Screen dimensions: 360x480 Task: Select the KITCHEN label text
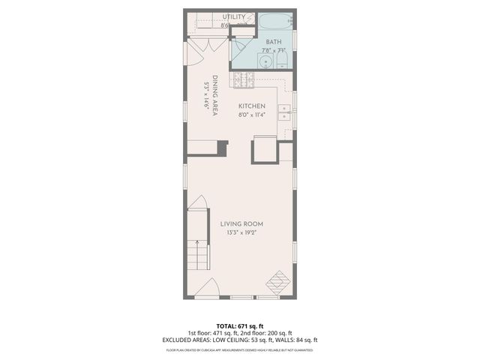pyautogui.click(x=252, y=106)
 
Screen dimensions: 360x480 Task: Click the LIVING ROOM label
pyautogui.click(x=240, y=223)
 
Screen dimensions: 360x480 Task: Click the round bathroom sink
pyautogui.click(x=265, y=60)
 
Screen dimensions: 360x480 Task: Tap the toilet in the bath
pyautogui.click(x=283, y=60)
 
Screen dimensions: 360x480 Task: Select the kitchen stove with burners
pyautogui.click(x=242, y=77)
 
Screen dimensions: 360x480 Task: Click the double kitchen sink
pyautogui.click(x=285, y=112)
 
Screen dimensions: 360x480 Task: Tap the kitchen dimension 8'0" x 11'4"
pyautogui.click(x=252, y=115)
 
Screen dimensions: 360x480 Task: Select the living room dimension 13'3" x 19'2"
pyautogui.click(x=240, y=233)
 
